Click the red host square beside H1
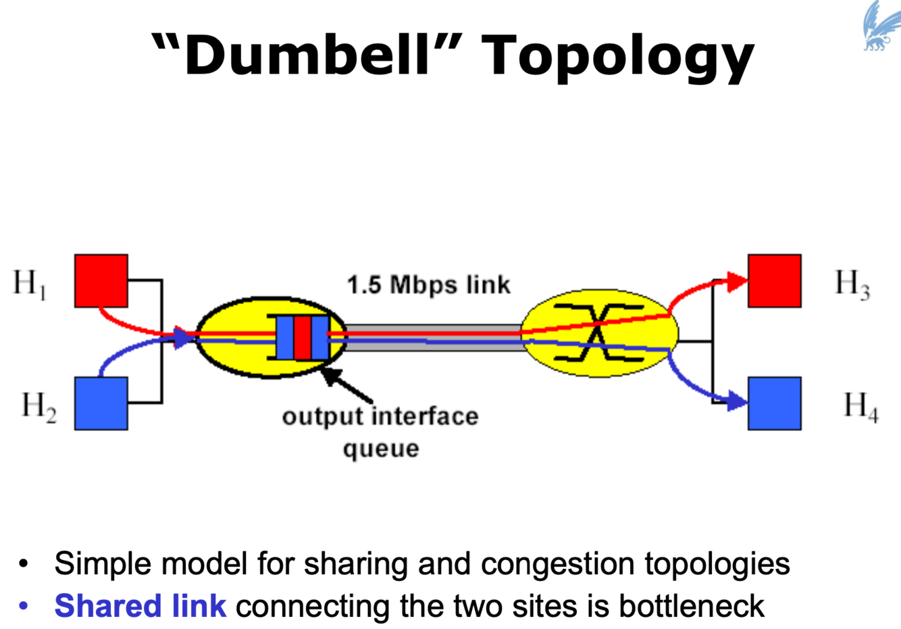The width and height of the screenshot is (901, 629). coord(101,280)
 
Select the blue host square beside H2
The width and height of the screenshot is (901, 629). coord(101,403)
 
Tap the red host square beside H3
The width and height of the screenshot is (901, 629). coord(775,280)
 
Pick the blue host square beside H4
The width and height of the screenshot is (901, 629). coord(775,403)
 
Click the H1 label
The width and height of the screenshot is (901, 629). coord(29,283)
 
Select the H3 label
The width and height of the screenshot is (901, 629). coord(852,283)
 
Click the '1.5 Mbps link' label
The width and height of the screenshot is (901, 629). coord(429,285)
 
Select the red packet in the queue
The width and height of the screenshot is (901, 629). coord(302,336)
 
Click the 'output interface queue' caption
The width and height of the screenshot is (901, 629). coord(380,432)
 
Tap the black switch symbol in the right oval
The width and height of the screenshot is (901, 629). coord(597,332)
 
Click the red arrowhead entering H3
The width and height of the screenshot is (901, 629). coord(738,280)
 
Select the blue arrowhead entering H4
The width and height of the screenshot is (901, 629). coord(738,403)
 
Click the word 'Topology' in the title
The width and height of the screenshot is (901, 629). coord(619,55)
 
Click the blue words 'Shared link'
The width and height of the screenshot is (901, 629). coord(140,606)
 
